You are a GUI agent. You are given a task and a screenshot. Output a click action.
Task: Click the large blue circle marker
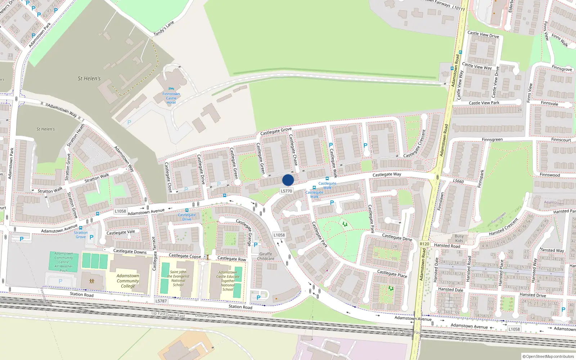[x=288, y=180]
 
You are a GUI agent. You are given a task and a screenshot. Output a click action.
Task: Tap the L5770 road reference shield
[x=287, y=191]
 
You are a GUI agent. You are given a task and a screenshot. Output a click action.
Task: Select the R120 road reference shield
[x=424, y=244]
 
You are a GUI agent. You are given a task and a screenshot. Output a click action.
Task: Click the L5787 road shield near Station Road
[x=161, y=301]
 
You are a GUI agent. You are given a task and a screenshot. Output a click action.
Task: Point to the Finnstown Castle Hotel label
[x=171, y=98]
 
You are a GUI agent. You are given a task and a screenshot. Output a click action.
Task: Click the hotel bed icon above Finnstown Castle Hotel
[x=171, y=89]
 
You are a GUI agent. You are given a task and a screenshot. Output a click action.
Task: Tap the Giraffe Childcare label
[x=266, y=256]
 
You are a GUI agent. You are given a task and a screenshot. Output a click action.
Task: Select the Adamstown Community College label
[x=128, y=281]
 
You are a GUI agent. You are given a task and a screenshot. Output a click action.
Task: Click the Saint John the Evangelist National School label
[x=178, y=278]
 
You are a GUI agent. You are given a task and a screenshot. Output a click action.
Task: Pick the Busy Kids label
[x=459, y=238]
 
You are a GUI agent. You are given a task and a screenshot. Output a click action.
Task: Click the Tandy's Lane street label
[x=164, y=28]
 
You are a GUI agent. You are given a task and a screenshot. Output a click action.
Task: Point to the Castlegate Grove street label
[x=276, y=131]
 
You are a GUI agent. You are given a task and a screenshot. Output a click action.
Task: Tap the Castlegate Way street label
[x=387, y=175]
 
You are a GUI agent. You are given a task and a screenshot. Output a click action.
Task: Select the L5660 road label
[x=458, y=181]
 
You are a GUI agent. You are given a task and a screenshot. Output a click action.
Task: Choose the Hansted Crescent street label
[x=503, y=227]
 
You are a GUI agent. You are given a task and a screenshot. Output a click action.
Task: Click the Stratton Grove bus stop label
[x=81, y=235]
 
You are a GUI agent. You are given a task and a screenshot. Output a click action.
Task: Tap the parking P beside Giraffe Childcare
[x=256, y=245]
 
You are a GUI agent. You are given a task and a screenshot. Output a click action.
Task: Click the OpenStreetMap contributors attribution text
[x=548, y=357]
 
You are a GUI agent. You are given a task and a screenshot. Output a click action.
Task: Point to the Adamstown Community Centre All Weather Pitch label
[x=64, y=262]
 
